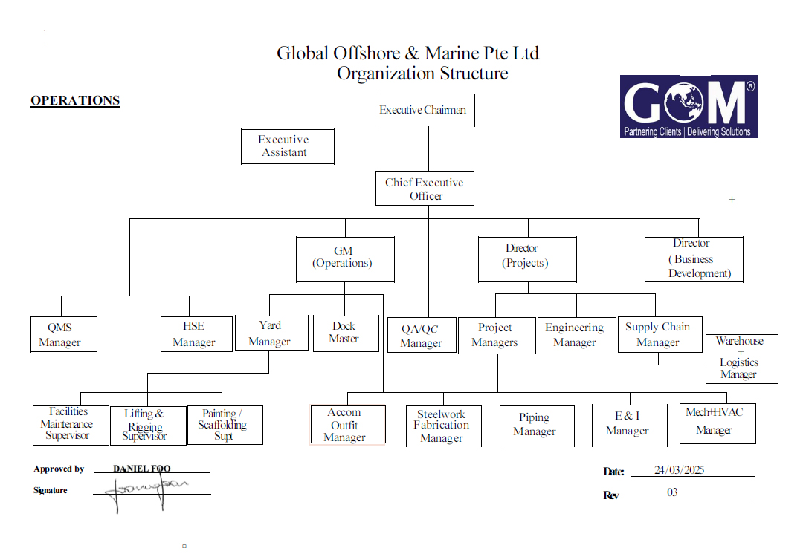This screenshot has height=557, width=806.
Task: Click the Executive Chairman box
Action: pos(425,110)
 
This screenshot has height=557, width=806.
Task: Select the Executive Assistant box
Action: pos(287,146)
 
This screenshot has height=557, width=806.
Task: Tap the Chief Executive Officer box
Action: pos(425,189)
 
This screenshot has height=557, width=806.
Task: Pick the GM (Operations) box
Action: pos(345,259)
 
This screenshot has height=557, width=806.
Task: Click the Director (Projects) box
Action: pos(527,259)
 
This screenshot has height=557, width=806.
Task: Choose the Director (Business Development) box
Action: pos(694,259)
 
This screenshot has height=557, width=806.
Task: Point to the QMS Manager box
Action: pos(64,334)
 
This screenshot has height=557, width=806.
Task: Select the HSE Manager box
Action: pos(196,334)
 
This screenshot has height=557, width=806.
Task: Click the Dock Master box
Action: pos(346,333)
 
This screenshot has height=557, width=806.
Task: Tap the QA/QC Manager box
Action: pos(422,335)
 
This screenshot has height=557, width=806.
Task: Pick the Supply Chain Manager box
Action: pos(660,334)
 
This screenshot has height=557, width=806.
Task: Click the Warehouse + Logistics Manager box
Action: pos(742,359)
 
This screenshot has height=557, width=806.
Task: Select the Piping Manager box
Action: pos(537,426)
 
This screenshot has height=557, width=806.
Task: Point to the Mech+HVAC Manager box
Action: pos(718,423)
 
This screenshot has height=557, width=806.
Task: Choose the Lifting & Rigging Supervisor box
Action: pos(148,426)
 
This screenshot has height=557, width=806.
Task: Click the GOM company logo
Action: pos(689,106)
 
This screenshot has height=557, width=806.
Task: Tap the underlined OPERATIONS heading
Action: pos(75,100)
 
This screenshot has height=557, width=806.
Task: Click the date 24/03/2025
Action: pos(679,469)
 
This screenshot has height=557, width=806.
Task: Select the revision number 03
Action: pos(672,492)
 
